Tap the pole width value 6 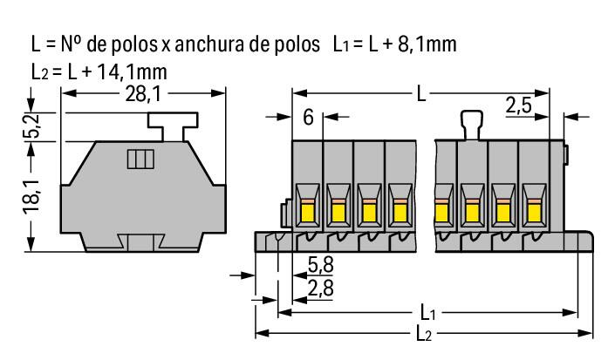[x=308, y=117]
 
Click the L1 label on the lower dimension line [x=426, y=312]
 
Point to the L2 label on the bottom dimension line [x=426, y=333]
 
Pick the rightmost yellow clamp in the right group [x=533, y=209]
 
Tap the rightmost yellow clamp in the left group [x=400, y=209]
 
